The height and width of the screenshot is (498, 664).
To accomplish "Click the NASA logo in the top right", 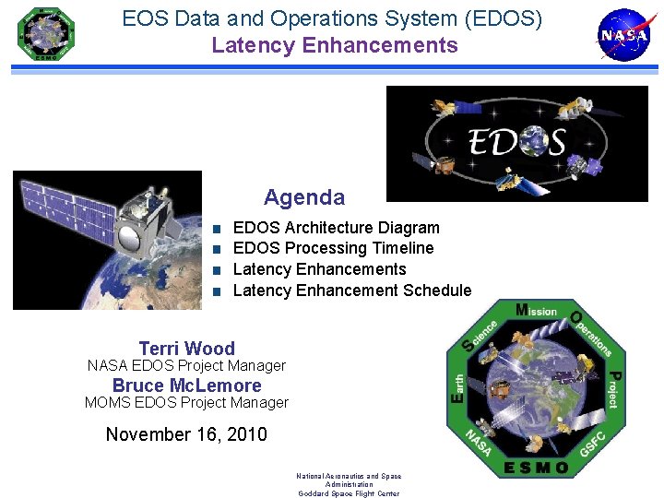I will [624, 35].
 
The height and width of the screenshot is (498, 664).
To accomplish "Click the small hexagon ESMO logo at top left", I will [45, 34].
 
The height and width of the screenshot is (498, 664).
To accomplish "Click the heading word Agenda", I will [304, 197].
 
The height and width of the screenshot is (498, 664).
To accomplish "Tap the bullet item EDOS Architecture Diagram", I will [337, 228].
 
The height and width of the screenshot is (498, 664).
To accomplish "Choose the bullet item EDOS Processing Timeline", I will [333, 248].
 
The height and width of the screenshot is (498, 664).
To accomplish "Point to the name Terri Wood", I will [186, 349].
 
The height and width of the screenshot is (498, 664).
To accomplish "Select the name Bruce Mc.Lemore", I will [186, 385].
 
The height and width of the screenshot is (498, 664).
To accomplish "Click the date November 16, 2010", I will [186, 434].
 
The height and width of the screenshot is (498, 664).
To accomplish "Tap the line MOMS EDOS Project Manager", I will [186, 403].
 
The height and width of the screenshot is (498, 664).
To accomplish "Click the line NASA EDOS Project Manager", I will [186, 366].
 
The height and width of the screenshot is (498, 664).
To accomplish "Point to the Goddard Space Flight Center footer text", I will [349, 493].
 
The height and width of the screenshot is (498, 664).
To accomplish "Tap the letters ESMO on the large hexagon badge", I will [537, 468].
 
